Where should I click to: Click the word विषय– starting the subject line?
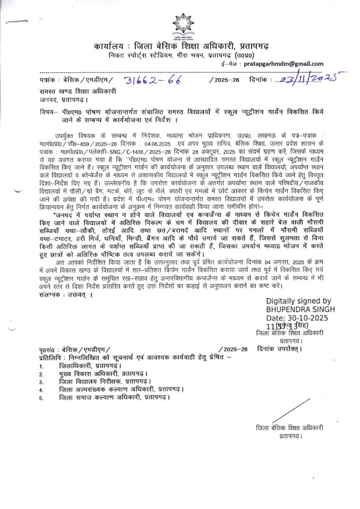pos(50,112)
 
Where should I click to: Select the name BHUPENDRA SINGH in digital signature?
pos(300,309)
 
